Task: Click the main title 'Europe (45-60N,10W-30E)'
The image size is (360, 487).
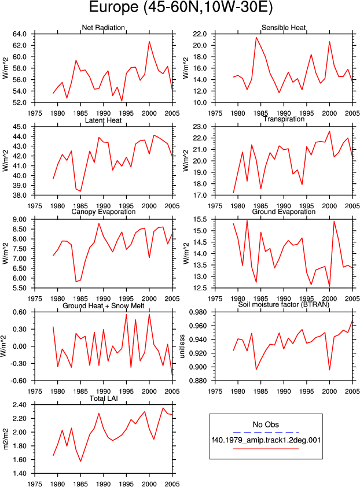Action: click(181, 7)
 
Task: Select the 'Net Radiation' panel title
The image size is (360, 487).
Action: click(103, 27)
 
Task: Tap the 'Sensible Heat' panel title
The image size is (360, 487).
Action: click(284, 27)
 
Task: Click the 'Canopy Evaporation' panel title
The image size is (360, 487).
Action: click(103, 212)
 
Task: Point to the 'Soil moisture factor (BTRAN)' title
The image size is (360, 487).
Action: click(284, 304)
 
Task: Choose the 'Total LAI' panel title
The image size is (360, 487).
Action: click(104, 398)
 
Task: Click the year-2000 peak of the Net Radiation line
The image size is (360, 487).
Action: click(149, 41)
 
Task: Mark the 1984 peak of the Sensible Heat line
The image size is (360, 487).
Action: click(256, 37)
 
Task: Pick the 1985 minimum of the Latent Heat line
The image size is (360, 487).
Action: click(80, 191)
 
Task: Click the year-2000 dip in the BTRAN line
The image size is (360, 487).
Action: click(329, 370)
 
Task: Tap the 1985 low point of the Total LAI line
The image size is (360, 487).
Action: click(80, 461)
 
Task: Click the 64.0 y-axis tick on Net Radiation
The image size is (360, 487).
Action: click(19, 34)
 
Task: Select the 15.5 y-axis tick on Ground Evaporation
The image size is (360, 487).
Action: click(200, 219)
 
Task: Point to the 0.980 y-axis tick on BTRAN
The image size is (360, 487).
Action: click(198, 312)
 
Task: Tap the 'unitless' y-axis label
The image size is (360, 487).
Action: click(182, 346)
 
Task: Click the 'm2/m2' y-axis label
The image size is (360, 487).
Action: click(5, 439)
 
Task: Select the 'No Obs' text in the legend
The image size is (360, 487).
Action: click(266, 425)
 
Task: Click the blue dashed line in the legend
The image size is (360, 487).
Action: click(266, 432)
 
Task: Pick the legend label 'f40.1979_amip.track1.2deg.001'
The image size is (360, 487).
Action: click(266, 440)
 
